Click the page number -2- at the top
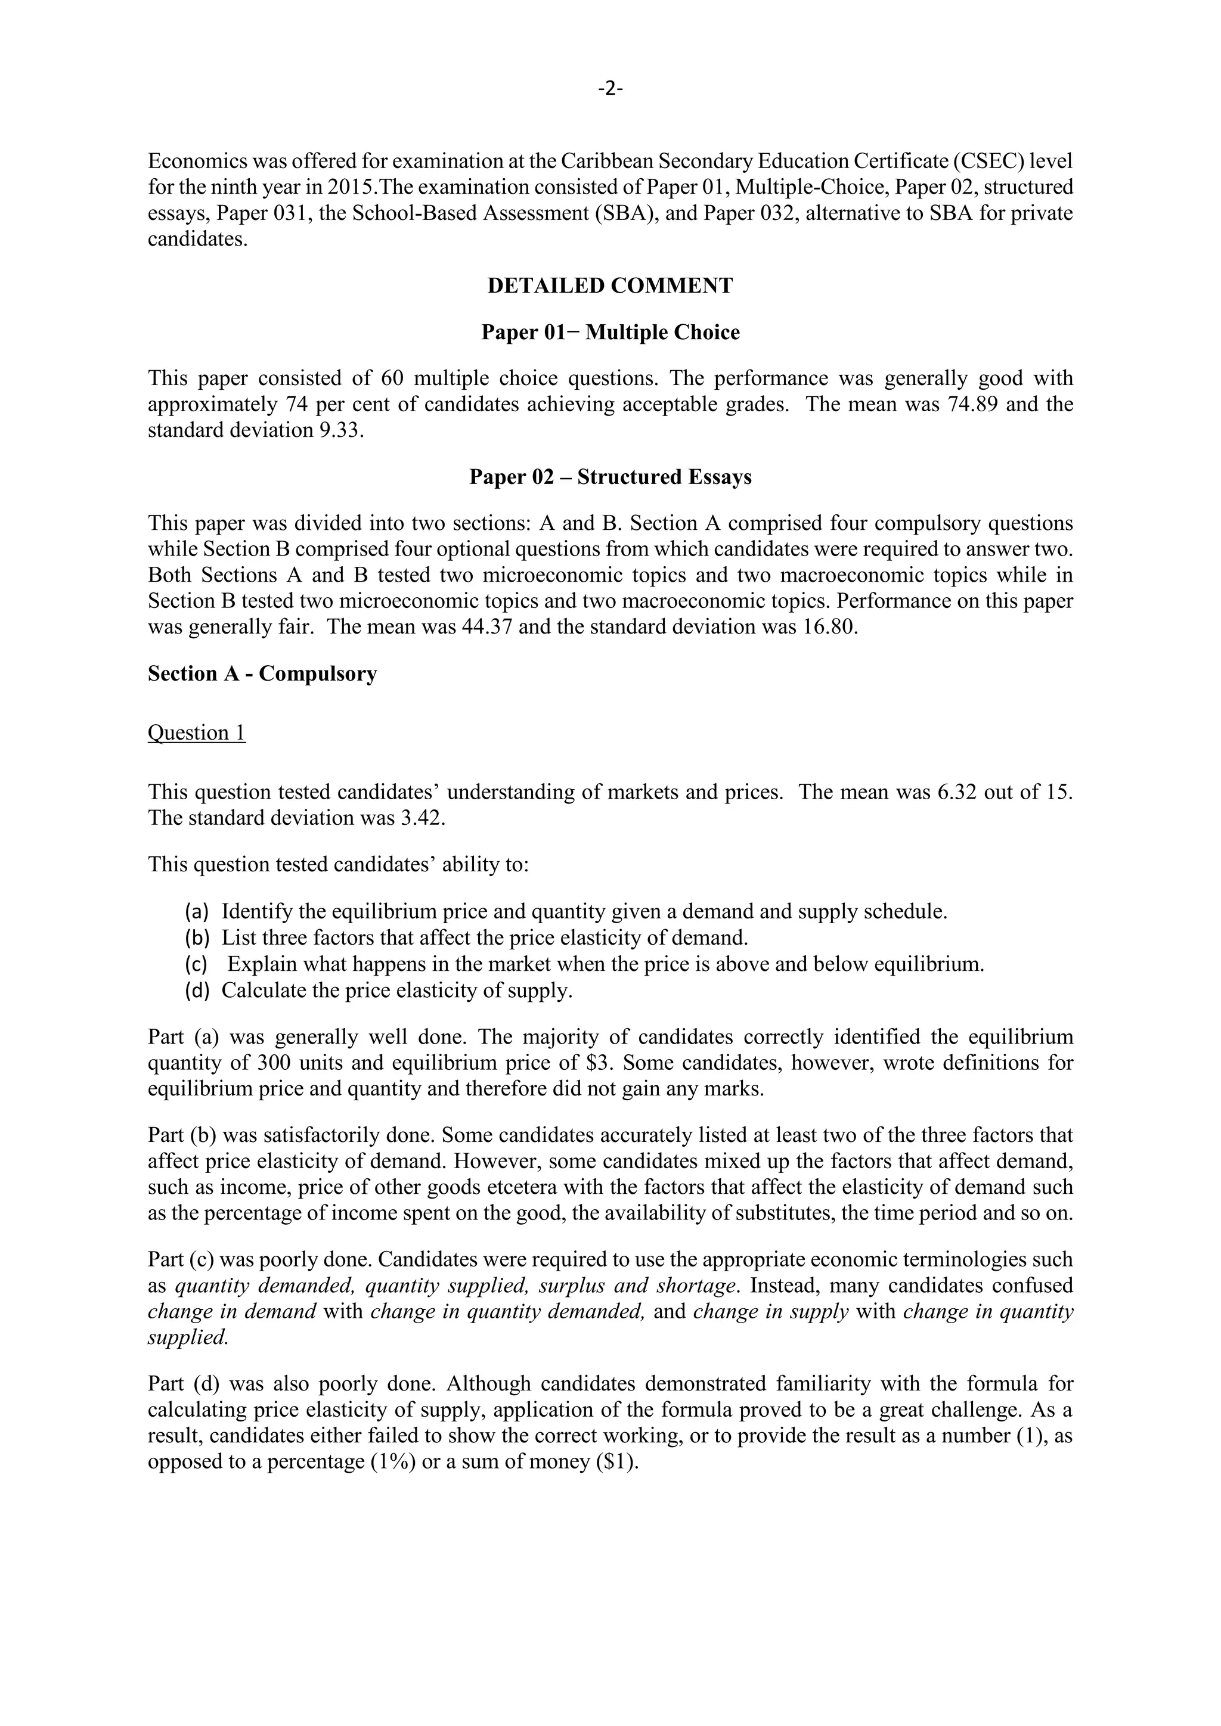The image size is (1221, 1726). coord(610,89)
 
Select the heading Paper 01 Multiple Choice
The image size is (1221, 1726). coord(610,333)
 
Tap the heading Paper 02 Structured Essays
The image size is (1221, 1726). coord(610,477)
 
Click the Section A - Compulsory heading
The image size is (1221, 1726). coord(262,673)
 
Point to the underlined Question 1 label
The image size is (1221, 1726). coord(196,733)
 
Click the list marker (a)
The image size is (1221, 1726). coord(196,912)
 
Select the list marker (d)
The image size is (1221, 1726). coord(196,991)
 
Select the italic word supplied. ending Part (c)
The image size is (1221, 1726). coord(187,1338)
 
